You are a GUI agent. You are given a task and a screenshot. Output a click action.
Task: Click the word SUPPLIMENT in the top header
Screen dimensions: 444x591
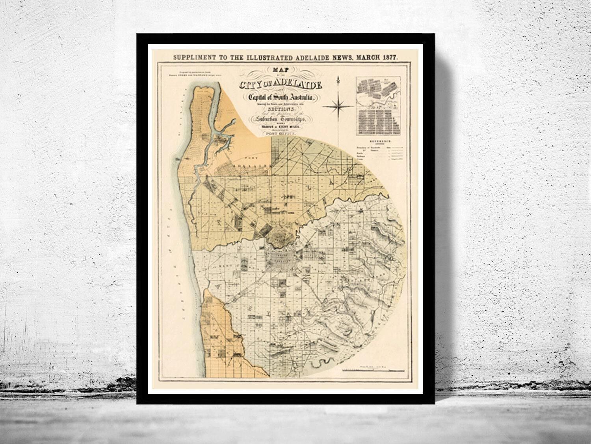[193, 57]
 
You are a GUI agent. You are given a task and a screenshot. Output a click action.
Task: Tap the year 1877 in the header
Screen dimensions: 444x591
[388, 57]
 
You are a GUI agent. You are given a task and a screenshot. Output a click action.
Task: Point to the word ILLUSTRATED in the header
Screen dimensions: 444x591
[268, 57]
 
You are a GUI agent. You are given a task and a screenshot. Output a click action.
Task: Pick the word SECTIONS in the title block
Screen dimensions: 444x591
[280, 110]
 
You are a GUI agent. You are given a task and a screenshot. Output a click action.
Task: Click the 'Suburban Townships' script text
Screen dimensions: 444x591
[280, 120]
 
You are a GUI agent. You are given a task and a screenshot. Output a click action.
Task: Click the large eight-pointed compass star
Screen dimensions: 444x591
[338, 105]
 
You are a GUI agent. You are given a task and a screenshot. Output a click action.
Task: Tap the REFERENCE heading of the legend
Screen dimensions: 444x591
[379, 141]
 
